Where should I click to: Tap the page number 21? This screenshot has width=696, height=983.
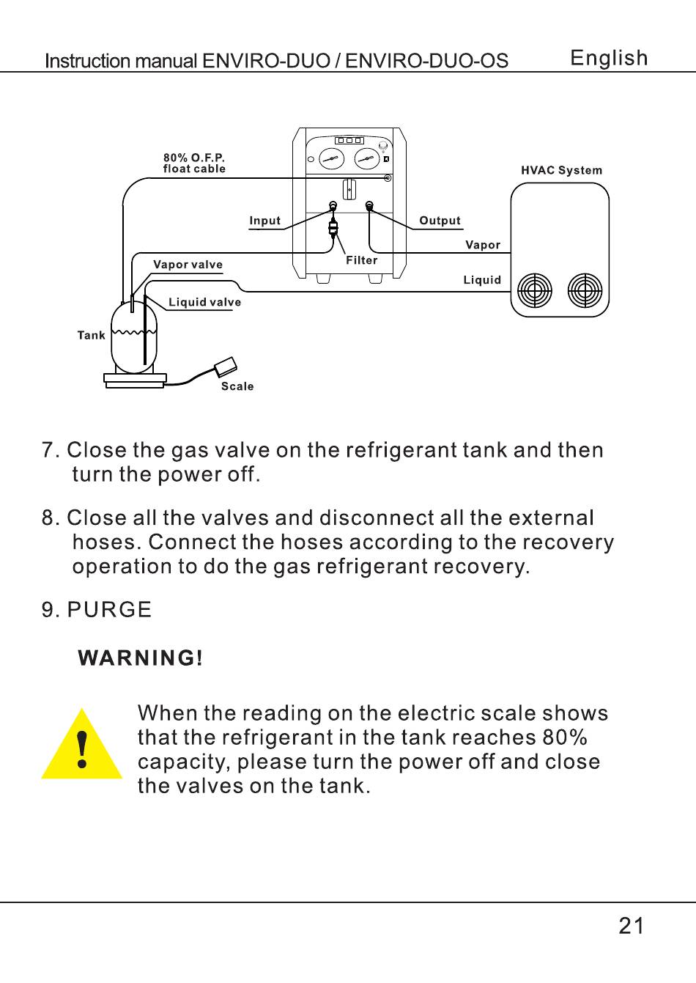click(x=632, y=926)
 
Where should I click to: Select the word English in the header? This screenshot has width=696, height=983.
click(x=609, y=59)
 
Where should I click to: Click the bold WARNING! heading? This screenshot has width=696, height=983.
click(x=141, y=658)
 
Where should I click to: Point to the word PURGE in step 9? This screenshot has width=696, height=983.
click(x=109, y=610)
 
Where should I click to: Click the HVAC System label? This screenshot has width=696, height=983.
click(x=561, y=171)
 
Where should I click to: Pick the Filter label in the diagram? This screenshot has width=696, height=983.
click(x=362, y=260)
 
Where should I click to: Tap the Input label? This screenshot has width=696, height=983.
click(x=264, y=221)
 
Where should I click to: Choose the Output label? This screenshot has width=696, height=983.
click(x=440, y=221)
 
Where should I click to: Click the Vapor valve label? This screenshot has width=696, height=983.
click(x=188, y=265)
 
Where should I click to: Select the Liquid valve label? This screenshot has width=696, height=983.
click(x=204, y=302)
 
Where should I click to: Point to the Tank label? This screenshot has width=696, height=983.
click(x=92, y=336)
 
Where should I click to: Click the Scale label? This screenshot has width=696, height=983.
click(x=237, y=386)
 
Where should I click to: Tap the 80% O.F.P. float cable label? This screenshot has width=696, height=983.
click(x=194, y=163)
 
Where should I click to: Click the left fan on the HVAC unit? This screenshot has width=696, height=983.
click(x=535, y=291)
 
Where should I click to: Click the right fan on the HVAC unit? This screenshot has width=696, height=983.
click(x=585, y=291)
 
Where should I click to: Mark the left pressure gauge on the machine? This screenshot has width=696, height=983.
click(x=331, y=158)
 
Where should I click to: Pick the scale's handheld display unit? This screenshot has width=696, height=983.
click(x=225, y=366)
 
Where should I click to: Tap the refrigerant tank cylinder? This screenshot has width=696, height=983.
click(x=134, y=337)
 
